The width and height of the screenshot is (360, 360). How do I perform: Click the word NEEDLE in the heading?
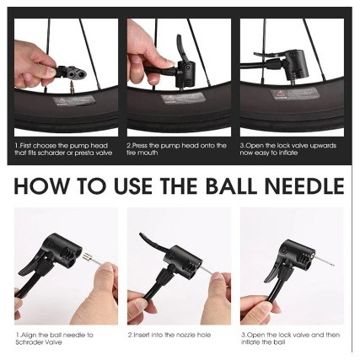coord(304,185)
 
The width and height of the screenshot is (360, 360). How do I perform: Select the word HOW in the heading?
coord(41,185)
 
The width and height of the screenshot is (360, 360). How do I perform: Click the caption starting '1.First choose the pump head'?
coord(63,149)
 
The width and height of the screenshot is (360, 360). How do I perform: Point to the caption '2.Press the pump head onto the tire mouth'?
coord(176,149)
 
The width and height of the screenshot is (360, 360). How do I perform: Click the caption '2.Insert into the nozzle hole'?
coord(169,335)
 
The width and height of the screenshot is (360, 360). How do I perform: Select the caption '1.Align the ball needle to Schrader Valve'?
coord(54,339)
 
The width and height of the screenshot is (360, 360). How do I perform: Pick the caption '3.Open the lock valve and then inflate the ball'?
coord(290,339)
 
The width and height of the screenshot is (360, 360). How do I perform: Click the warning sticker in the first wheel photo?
coord(73,100)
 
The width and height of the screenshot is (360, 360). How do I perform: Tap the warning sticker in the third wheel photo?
coord(294,94)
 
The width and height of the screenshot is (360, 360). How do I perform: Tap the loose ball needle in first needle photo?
coord(91,260)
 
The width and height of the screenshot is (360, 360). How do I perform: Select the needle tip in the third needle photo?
coord(334,265)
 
